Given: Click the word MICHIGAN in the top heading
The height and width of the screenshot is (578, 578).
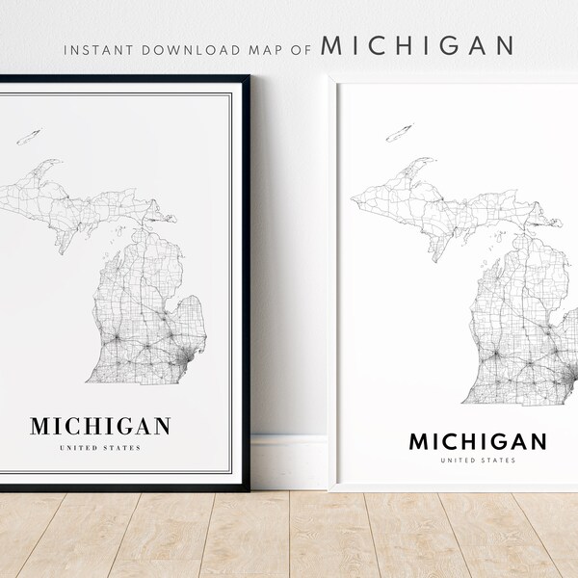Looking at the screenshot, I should (418, 45).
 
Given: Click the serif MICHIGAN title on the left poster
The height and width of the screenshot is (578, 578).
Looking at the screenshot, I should (101, 426).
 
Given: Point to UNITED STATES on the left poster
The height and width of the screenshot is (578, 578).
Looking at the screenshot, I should (101, 448).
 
